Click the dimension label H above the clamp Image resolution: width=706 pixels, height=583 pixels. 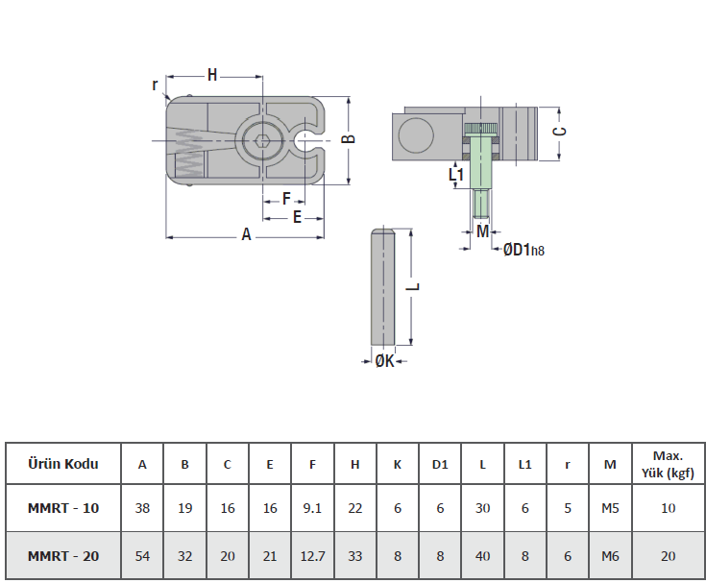tap(212, 75)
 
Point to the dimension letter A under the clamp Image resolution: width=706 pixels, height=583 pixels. tap(246, 234)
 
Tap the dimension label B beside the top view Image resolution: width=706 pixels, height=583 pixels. tap(350, 138)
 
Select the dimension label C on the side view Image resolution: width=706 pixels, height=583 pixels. tap(560, 131)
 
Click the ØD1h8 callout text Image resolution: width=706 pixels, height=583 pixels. tap(523, 250)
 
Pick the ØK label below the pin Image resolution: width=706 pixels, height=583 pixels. tap(384, 360)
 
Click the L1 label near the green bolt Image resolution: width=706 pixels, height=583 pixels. tap(456, 174)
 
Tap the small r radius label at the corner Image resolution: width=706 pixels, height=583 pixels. tap(155, 85)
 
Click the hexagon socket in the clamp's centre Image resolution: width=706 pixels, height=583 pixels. tap(262, 141)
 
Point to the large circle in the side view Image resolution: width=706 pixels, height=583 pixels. tap(416, 135)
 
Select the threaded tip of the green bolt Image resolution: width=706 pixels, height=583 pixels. tap(482, 205)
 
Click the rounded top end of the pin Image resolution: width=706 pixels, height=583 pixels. tap(382, 231)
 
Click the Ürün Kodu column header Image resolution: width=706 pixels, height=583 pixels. tap(63, 464)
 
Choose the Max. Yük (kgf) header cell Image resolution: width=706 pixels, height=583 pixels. tap(668, 464)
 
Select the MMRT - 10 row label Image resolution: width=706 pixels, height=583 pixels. tap(63, 508)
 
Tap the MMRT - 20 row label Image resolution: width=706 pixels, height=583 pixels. tap(63, 556)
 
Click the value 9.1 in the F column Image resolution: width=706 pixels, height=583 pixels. tap(312, 508)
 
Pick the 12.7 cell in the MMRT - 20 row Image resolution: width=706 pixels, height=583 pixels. tap(312, 556)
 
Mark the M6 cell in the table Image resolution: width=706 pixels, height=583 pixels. tap(610, 556)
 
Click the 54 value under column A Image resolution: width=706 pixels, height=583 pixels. tap(142, 556)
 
